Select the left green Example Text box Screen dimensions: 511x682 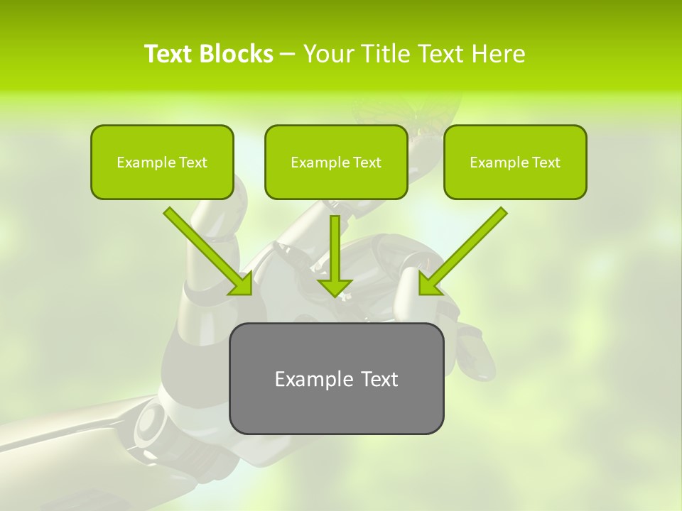tap(162, 162)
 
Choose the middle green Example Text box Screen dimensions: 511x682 tap(336, 162)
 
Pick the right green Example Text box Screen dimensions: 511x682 tap(515, 162)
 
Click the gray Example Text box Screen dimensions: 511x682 tap(336, 378)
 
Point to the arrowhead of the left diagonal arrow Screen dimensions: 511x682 tap(244, 287)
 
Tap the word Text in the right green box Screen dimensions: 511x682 tap(546, 163)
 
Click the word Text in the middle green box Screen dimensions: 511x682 tap(367, 163)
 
